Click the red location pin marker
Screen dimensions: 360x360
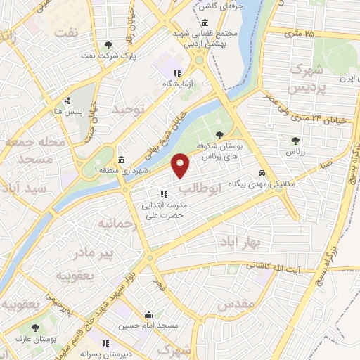tap(181, 165)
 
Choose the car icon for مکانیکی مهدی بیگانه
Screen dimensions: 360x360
tap(262, 173)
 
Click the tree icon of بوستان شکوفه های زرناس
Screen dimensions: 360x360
tap(221, 134)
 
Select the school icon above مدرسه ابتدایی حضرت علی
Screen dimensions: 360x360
tap(163, 194)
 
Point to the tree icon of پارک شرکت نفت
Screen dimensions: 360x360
tap(106, 45)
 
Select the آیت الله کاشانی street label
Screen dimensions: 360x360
tap(275, 268)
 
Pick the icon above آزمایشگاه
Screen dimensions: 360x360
tap(178, 72)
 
